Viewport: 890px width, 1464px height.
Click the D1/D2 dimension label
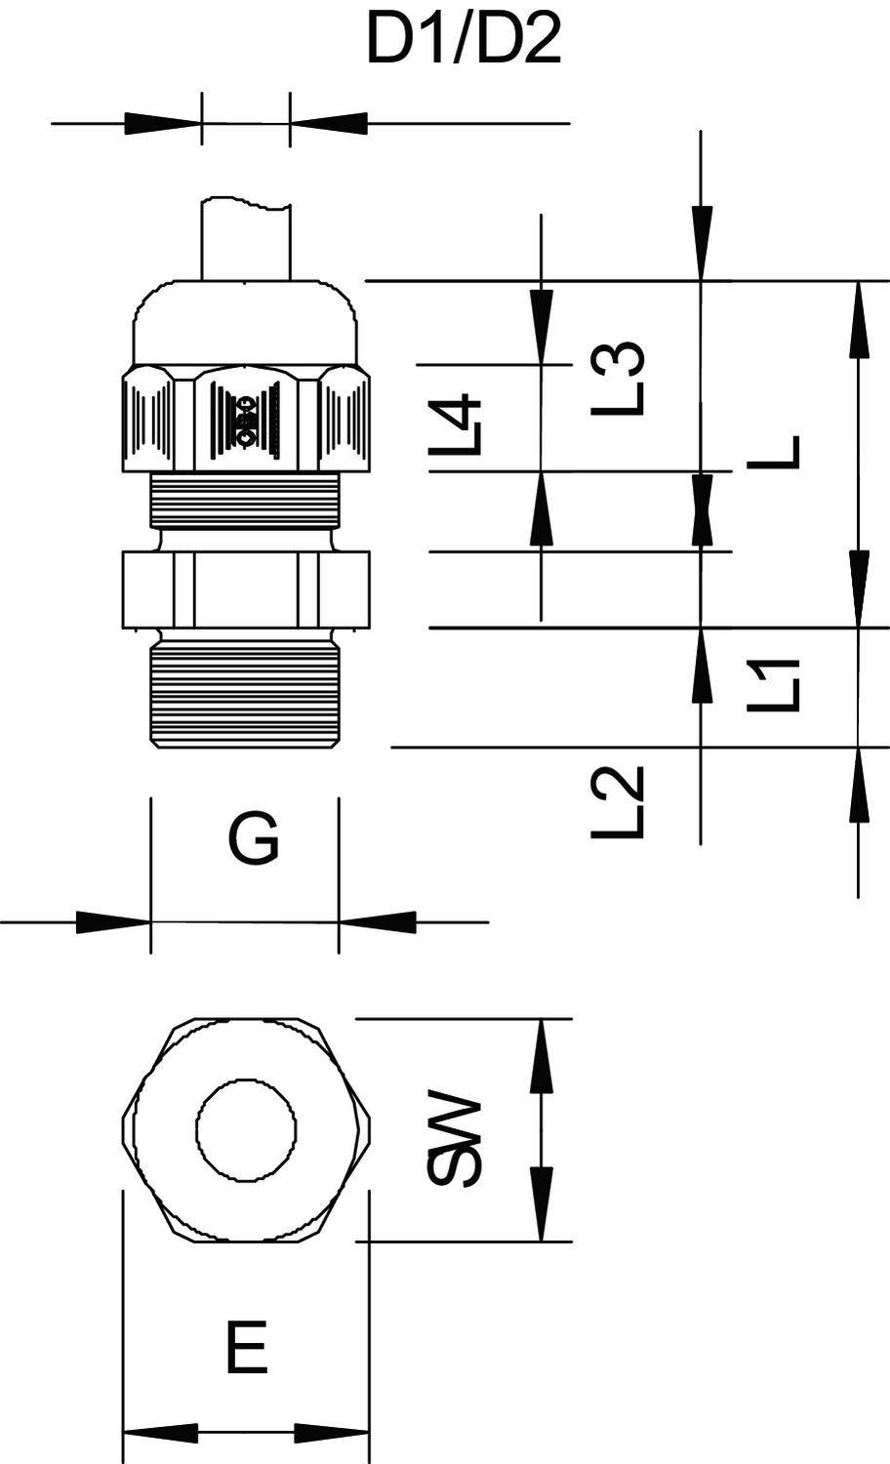464,41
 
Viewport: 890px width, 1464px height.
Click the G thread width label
254,839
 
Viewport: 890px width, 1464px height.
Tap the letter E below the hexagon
247,1350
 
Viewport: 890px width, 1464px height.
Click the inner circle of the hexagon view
247,1129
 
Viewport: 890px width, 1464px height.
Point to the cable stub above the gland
245,239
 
